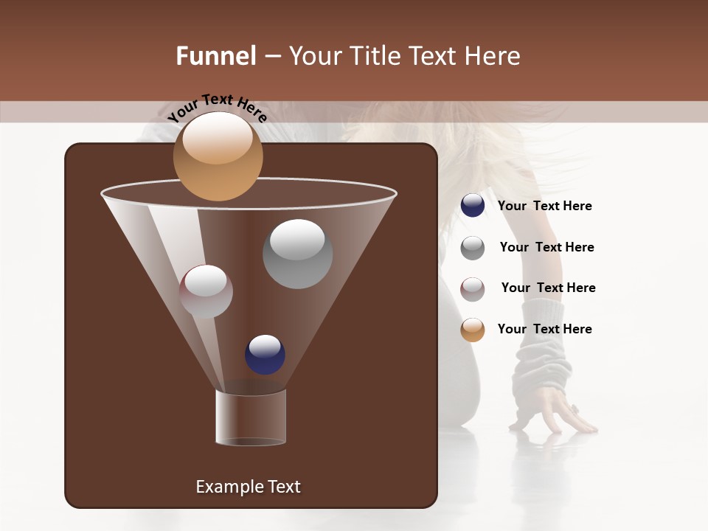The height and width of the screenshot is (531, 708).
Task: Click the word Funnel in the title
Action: click(x=216, y=56)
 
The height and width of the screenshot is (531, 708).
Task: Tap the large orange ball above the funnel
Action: click(x=218, y=156)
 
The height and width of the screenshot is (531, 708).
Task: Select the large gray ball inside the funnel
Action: click(x=297, y=254)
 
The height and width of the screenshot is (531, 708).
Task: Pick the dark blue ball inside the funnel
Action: click(x=265, y=354)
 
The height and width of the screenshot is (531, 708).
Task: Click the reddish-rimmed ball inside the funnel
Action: click(x=206, y=291)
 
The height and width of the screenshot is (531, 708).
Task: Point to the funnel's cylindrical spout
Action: click(x=250, y=417)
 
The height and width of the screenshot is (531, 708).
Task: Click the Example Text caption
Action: click(x=248, y=487)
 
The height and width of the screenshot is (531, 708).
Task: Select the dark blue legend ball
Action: click(x=473, y=206)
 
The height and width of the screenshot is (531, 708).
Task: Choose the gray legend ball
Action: click(x=473, y=248)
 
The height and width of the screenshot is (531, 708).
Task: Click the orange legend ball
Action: click(x=473, y=330)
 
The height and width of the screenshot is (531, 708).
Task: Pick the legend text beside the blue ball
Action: click(x=544, y=206)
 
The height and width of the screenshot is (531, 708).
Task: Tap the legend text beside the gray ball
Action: click(x=546, y=248)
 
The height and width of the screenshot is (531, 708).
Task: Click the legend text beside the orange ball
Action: click(x=544, y=329)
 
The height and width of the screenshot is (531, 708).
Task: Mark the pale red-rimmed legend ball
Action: click(x=473, y=289)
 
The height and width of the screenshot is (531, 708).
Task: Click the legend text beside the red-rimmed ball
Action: click(x=548, y=288)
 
